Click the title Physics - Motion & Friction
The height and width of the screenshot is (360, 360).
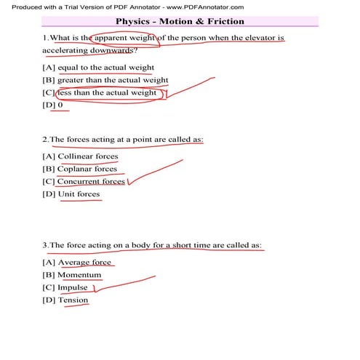pos(180,22)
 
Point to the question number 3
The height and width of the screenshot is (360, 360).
pos(45,246)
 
